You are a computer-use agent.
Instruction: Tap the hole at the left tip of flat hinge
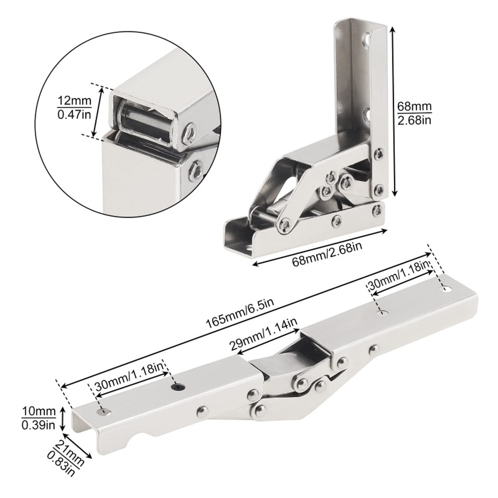coord(104,412)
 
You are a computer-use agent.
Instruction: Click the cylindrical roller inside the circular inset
coord(144,123)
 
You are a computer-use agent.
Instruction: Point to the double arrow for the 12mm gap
coord(99,112)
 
